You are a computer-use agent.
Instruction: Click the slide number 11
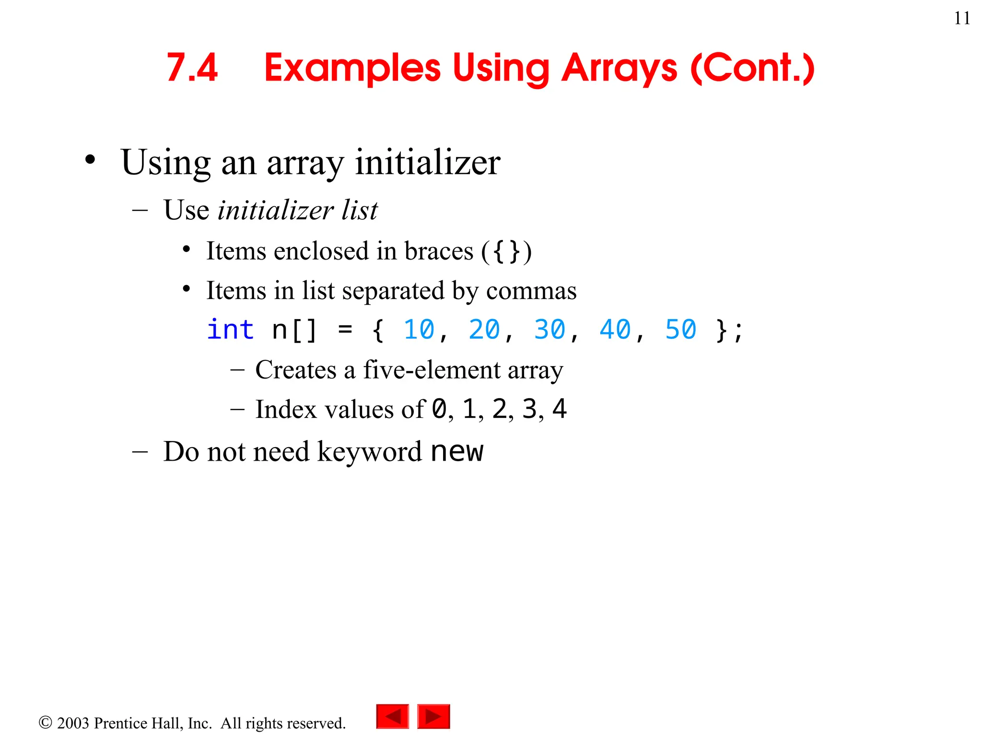[962, 18]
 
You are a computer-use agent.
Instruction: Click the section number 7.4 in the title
[192, 68]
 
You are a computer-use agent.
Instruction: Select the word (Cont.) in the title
[752, 69]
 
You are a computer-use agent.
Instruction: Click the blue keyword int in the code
[230, 330]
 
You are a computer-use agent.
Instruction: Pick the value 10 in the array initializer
[419, 330]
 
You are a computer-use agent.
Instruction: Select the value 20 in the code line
[484, 330]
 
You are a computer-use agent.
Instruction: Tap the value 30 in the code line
[549, 330]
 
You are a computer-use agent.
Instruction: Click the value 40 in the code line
[615, 330]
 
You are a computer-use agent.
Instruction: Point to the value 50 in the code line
[680, 330]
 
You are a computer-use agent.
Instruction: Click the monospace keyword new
[457, 452]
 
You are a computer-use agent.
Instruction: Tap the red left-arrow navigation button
[393, 717]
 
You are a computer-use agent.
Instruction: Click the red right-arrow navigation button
[433, 717]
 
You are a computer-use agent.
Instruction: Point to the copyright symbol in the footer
[45, 723]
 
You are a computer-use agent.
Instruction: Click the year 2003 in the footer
[73, 723]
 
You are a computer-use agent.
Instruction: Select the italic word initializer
[275, 210]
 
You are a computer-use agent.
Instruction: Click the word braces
[439, 251]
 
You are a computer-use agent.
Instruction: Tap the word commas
[531, 291]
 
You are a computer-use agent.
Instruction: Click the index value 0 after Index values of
[439, 409]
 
